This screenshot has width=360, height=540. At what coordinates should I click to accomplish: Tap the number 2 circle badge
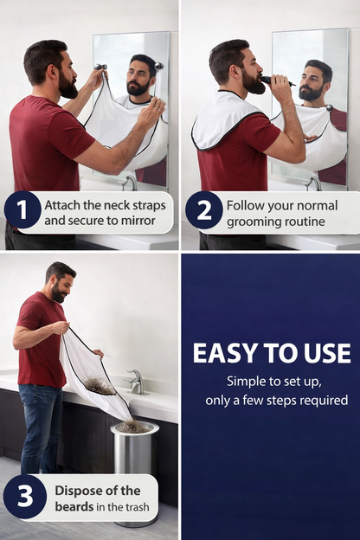202,210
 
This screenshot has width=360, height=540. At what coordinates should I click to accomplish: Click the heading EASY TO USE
271,353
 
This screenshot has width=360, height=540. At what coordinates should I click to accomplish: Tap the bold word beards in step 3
74,506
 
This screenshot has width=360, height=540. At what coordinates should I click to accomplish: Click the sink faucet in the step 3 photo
136,381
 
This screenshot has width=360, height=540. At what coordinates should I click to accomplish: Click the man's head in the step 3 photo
59,281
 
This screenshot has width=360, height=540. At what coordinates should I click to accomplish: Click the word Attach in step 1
63,204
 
